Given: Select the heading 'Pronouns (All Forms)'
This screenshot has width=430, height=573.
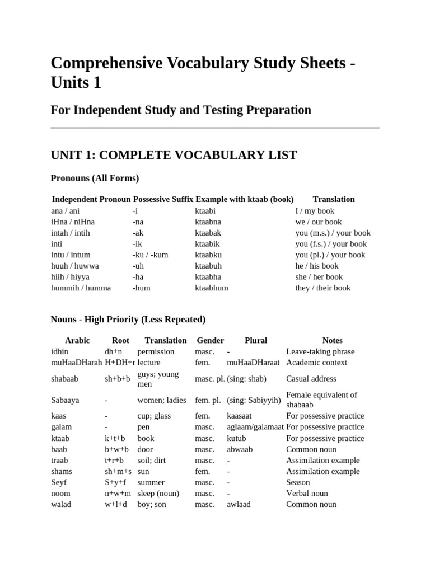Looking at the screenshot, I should pyautogui.click(x=95, y=178).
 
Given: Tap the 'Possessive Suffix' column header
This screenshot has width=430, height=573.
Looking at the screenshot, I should pyautogui.click(x=163, y=199).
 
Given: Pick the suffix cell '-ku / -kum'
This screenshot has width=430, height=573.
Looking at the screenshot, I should pyautogui.click(x=151, y=255).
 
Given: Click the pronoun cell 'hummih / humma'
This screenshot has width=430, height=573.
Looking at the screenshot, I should pyautogui.click(x=81, y=288).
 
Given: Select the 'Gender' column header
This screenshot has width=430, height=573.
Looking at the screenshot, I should pyautogui.click(x=211, y=340).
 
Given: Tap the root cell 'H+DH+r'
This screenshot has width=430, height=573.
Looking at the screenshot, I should pyautogui.click(x=120, y=362).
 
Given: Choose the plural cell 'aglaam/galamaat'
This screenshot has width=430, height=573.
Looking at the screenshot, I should pyautogui.click(x=255, y=427).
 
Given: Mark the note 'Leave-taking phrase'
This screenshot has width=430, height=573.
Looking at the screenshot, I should pyautogui.click(x=320, y=351).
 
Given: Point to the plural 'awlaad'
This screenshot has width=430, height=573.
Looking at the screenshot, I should pyautogui.click(x=239, y=504).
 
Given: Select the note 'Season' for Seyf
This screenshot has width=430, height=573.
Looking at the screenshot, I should pyautogui.click(x=298, y=482).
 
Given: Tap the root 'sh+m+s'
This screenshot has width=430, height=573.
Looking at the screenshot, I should pyautogui.click(x=118, y=471).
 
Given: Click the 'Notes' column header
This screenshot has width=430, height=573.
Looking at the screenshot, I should pyautogui.click(x=333, y=340).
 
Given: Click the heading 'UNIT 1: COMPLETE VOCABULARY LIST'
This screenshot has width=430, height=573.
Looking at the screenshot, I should pyautogui.click(x=174, y=155).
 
